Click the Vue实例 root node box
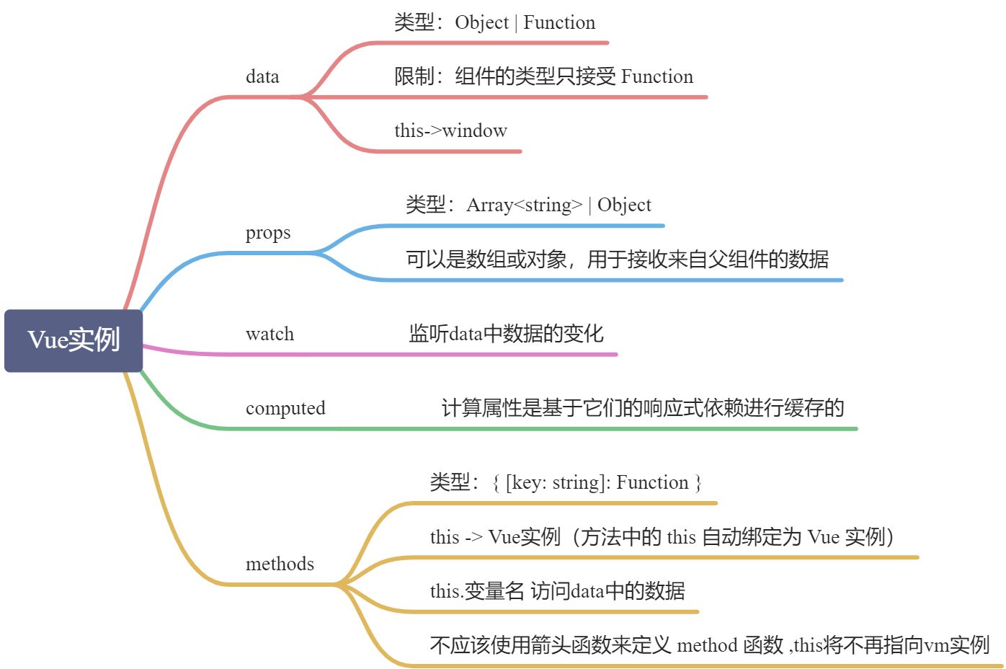[74, 340]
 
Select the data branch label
[262, 76]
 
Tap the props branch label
[268, 233]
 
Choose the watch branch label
[270, 334]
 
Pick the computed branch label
[285, 408]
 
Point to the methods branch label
[280, 564]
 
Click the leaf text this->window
[450, 130]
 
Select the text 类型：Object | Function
[494, 22]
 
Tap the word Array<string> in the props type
[524, 205]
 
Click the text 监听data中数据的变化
[506, 334]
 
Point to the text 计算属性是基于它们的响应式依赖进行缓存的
[643, 408]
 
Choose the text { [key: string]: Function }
[597, 482]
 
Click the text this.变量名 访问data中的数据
[557, 591]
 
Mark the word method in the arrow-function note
[707, 644]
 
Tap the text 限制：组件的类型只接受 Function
[543, 76]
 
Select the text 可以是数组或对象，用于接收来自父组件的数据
[617, 259]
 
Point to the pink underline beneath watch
[432, 355]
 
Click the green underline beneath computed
[540, 429]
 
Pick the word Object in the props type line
[624, 205]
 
